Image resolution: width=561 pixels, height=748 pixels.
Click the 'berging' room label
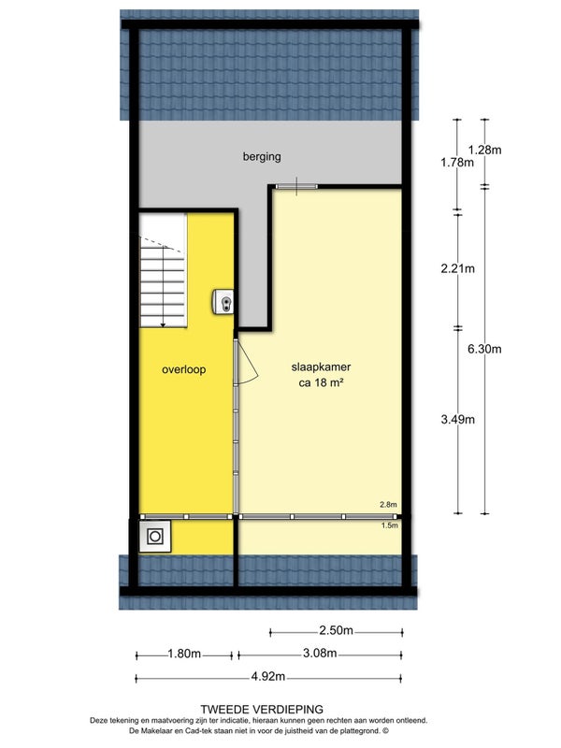261,157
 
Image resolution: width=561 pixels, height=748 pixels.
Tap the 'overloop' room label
183,369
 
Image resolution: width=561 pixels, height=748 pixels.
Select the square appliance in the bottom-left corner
155,536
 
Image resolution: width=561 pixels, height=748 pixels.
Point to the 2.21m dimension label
456,269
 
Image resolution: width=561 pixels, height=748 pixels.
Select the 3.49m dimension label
456,418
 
